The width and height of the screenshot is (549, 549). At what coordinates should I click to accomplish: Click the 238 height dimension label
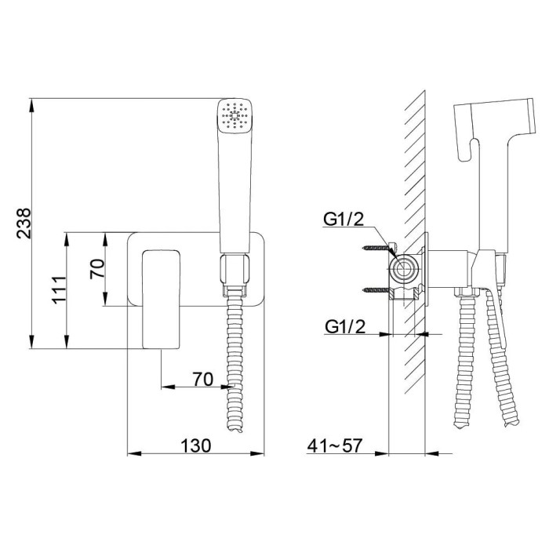24,224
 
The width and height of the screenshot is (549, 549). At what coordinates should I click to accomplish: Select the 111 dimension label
58,290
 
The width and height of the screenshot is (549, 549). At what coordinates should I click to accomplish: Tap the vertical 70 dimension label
97,268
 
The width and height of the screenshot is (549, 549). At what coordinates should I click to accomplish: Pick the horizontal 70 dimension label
202,379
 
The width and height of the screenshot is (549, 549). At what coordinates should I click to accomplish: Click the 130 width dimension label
196,445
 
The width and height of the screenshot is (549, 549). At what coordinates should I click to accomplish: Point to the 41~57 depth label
334,445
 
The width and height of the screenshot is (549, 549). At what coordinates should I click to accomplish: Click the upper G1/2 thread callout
344,220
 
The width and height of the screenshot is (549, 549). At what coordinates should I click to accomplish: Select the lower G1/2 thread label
345,326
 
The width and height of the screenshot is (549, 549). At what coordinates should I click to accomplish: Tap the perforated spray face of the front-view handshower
235,115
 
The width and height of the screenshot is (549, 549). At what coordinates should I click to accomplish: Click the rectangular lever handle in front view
161,300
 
